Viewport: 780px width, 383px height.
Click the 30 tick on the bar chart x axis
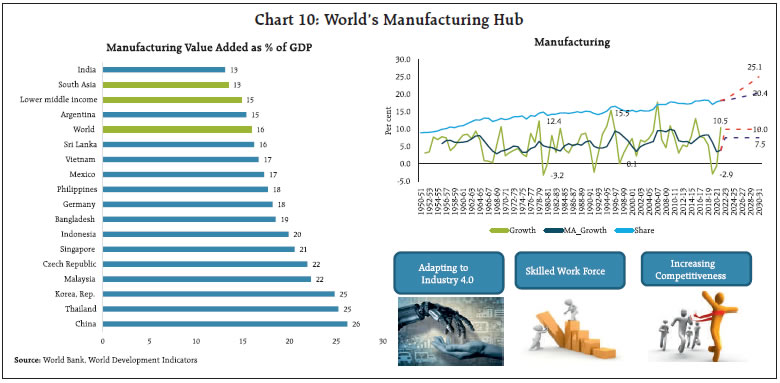pyautogui.click(x=381, y=341)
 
